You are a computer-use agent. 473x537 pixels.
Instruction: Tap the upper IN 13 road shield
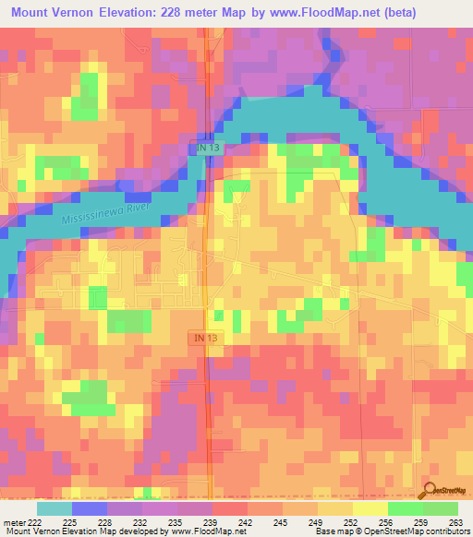coord(207,149)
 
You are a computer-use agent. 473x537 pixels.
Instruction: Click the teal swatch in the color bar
coord(54,508)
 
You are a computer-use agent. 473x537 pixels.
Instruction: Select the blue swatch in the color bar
coord(89,508)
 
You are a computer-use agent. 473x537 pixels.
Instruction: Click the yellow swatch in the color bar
coord(370,508)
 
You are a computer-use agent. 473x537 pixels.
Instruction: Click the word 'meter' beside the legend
coord(13,522)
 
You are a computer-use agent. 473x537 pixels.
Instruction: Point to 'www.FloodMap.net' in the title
coord(329,13)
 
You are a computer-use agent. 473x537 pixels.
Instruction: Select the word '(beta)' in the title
coord(401,13)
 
